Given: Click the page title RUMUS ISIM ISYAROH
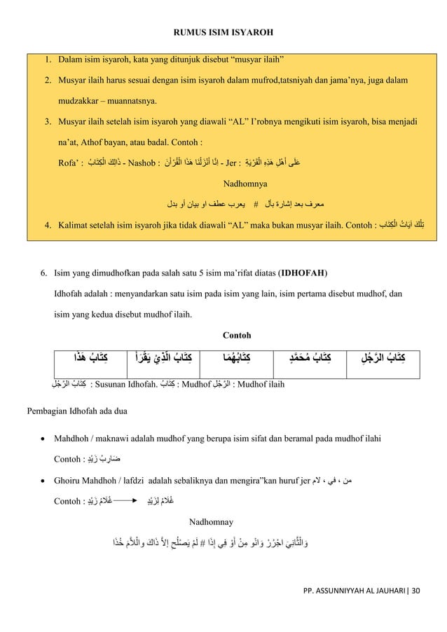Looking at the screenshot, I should [224, 32].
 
